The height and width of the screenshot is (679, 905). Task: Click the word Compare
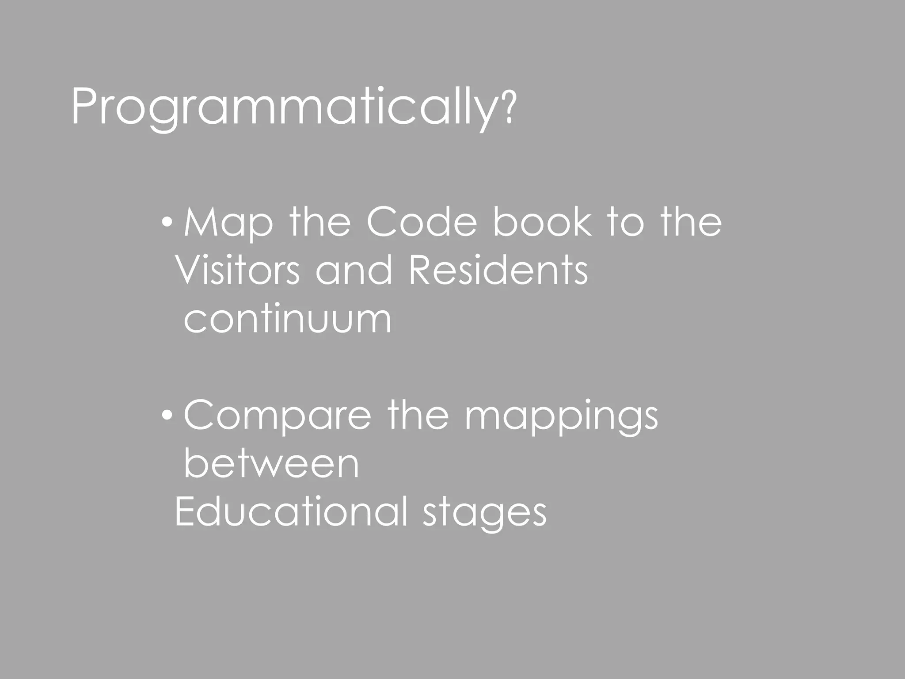(x=277, y=417)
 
